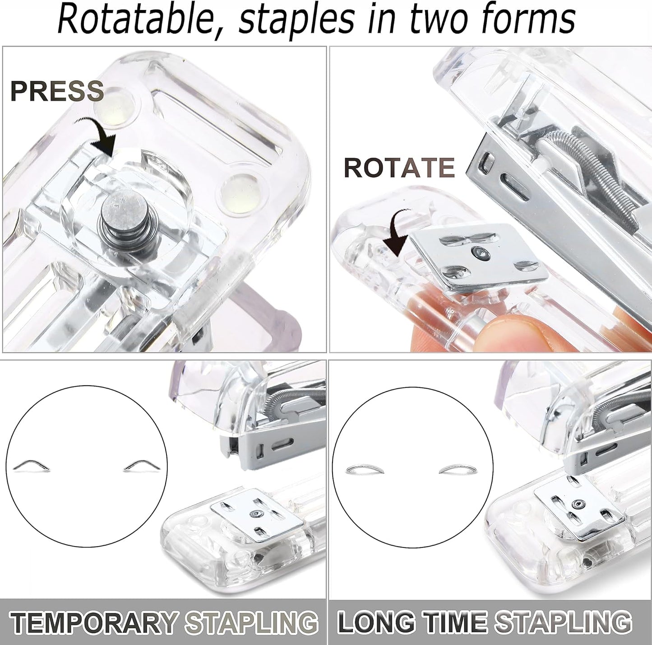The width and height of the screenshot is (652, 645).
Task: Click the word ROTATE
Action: pyautogui.click(x=399, y=168)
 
